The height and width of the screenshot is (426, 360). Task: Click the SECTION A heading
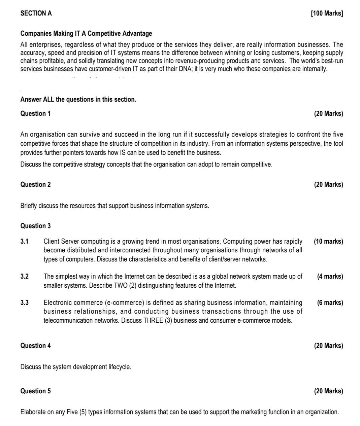pyautogui.click(x=36, y=13)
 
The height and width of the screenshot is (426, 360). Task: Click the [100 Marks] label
pyautogui.click(x=327, y=13)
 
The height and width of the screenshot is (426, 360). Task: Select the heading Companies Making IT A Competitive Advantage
pyautogui.click(x=86, y=33)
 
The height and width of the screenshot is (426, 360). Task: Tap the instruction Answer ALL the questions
pyautogui.click(x=78, y=99)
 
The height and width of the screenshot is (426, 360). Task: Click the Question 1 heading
pyautogui.click(x=35, y=113)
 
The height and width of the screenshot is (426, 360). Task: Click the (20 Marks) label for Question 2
pyautogui.click(x=328, y=184)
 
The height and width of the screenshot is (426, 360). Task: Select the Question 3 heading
pyautogui.click(x=35, y=226)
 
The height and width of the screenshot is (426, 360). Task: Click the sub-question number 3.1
pyautogui.click(x=24, y=241)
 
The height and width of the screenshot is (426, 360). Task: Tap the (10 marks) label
pyautogui.click(x=328, y=241)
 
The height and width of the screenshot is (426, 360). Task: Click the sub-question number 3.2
pyautogui.click(x=24, y=276)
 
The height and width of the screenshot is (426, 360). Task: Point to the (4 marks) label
pyautogui.click(x=330, y=276)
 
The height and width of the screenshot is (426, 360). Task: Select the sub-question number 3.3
pyautogui.click(x=24, y=303)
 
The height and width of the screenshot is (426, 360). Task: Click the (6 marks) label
pyautogui.click(x=330, y=303)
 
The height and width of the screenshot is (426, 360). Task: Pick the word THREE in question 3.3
pyautogui.click(x=153, y=320)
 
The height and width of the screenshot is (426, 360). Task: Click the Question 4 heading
pyautogui.click(x=35, y=346)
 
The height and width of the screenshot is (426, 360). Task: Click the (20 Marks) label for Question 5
pyautogui.click(x=328, y=391)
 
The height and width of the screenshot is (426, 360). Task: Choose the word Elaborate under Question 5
pyautogui.click(x=33, y=412)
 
